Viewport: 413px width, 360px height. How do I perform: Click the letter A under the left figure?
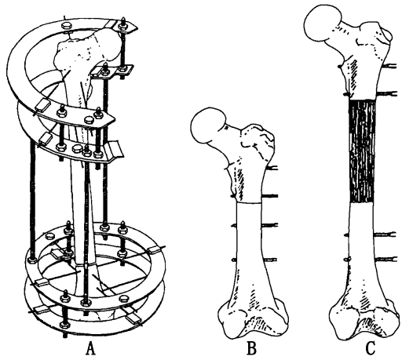click(90, 349)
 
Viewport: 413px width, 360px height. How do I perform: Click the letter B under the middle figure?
click(252, 349)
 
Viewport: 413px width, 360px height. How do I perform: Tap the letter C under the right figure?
click(371, 349)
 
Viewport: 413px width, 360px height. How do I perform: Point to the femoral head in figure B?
click(207, 125)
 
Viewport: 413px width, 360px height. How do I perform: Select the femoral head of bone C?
click(323, 24)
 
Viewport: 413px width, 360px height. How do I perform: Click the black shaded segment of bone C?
click(362, 151)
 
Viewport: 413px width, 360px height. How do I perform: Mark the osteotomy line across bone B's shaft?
click(249, 202)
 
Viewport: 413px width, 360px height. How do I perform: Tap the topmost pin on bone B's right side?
click(272, 168)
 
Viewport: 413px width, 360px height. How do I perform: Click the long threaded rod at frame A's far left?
click(32, 200)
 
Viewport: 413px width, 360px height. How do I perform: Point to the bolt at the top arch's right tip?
click(123, 24)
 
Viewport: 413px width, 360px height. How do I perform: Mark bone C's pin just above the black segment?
click(386, 93)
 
